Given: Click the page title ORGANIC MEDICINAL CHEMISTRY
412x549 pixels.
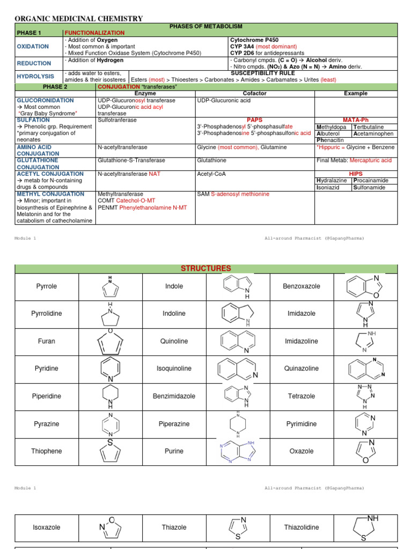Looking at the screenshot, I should pyautogui.click(x=78, y=19).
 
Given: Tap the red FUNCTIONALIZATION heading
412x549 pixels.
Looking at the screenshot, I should pyautogui.click(x=94, y=33).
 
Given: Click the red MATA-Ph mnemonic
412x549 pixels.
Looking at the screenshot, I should pyautogui.click(x=355, y=120).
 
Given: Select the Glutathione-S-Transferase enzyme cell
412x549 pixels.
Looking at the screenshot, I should pyautogui.click(x=131, y=160).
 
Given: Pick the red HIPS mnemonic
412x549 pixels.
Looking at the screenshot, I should pyautogui.click(x=356, y=174).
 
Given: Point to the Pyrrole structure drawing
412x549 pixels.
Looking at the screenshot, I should pyautogui.click(x=110, y=287).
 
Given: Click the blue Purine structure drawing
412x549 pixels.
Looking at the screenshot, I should pyautogui.click(x=237, y=451).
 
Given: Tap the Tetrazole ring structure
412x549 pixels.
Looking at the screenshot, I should pyautogui.click(x=365, y=396).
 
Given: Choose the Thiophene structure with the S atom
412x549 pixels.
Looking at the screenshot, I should pyautogui.click(x=110, y=451).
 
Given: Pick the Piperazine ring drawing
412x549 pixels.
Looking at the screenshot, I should pyautogui.click(x=237, y=424).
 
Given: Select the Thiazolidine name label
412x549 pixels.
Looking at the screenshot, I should pyautogui.click(x=301, y=527).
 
